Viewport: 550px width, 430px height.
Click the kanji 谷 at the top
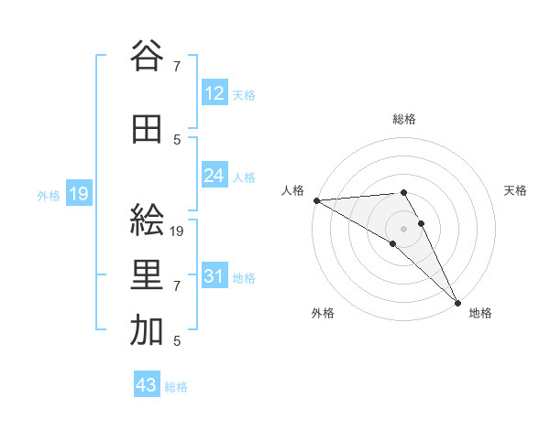147,57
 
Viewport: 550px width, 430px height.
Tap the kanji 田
147,130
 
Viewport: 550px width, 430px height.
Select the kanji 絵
147,221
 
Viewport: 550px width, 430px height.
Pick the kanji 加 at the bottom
147,331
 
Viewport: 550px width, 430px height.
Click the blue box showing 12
214,93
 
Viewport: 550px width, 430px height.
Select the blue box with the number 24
214,176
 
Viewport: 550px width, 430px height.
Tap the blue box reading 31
214,276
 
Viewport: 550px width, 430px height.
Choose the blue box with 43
147,386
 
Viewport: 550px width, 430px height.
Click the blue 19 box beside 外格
78,194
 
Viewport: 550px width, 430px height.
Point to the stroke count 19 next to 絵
178,231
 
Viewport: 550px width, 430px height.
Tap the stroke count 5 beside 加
176,341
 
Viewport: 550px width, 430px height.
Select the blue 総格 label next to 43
176,387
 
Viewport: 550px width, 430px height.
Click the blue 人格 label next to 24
244,177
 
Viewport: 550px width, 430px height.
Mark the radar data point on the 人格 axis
316,199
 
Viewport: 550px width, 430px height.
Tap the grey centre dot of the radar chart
403,227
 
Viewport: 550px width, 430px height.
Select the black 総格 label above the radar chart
403,119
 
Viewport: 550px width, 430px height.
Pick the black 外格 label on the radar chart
323,313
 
